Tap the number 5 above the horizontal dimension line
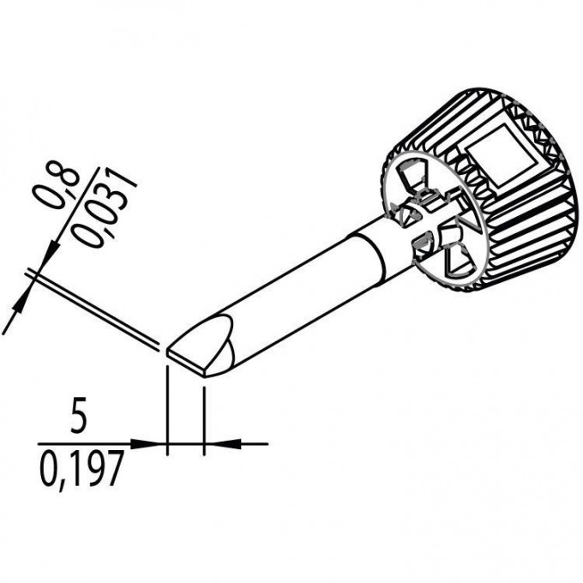point(79,416)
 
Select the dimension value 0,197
point(81,468)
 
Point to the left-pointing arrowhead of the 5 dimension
point(224,444)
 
